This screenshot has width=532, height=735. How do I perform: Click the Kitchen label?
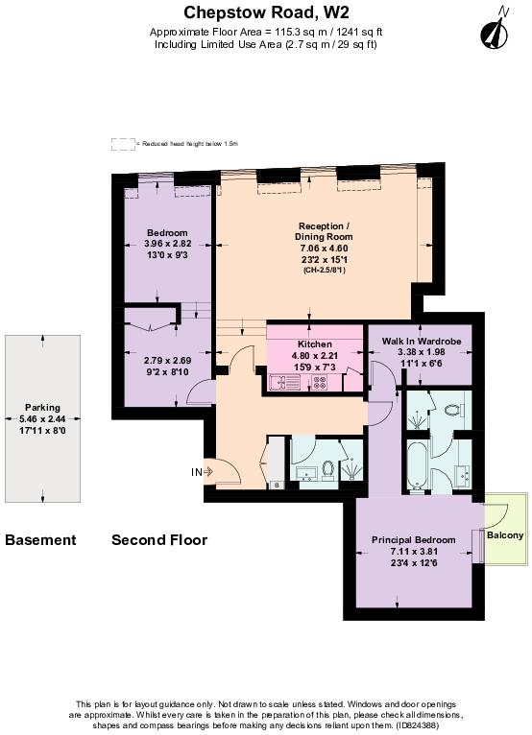click(x=314, y=344)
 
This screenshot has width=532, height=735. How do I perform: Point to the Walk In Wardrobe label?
click(x=422, y=341)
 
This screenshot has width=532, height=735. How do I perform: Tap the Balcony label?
click(x=505, y=534)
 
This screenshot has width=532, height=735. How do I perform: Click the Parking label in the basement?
click(x=41, y=405)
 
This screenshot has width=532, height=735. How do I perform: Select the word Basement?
click(x=40, y=540)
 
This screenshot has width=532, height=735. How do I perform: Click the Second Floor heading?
click(x=159, y=540)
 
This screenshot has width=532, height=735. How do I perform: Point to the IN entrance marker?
click(x=197, y=471)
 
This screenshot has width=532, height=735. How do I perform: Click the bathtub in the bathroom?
click(x=419, y=465)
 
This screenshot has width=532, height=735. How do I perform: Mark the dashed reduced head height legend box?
click(x=122, y=143)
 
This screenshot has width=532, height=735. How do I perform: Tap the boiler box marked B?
click(x=277, y=486)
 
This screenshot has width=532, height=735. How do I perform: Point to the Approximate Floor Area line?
click(x=266, y=32)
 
